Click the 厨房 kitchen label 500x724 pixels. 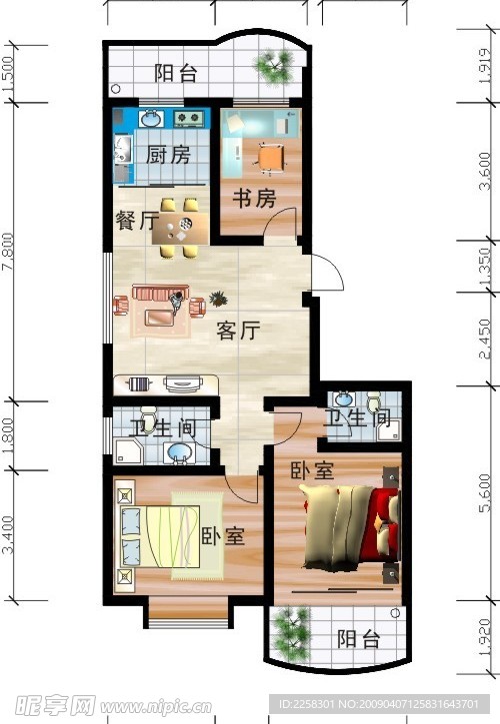point(167,157)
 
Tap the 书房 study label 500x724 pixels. point(254,199)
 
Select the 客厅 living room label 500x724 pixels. point(238,333)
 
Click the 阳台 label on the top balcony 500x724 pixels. point(177,73)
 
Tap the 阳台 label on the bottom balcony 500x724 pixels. point(357,639)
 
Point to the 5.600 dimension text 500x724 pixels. point(485,494)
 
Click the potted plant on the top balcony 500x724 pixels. point(273,67)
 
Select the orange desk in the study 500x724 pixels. point(269,157)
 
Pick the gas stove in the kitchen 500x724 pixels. point(188,119)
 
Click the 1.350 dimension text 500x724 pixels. point(485,267)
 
